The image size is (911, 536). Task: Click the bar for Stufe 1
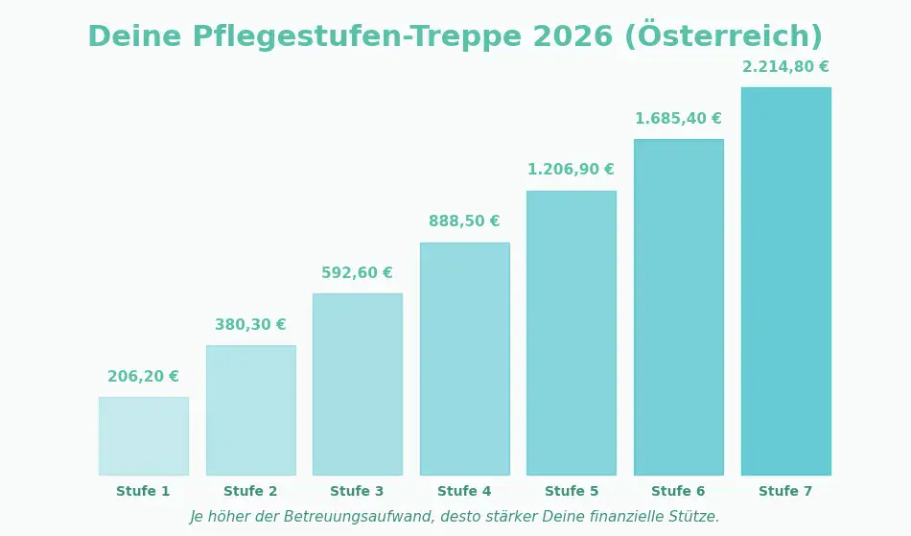point(144,436)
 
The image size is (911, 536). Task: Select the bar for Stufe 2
point(251,410)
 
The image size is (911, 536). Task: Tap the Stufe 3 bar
point(358,385)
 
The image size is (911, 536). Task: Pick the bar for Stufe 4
point(465,359)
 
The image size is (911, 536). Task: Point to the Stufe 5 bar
point(572,333)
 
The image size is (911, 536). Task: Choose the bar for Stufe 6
point(679,307)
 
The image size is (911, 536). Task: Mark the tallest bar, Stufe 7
point(786,281)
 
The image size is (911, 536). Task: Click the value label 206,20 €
point(144,377)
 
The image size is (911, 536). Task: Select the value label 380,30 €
point(250,325)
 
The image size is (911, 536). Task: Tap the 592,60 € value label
point(358,273)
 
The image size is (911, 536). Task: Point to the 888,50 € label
point(465,221)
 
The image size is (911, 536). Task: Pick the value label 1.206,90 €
point(572,170)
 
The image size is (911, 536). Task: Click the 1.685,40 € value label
point(679,119)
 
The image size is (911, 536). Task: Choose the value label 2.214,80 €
point(786,67)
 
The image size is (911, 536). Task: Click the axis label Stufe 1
point(144,492)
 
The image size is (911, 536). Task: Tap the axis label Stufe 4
point(465,492)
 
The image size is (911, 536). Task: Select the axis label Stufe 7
point(786,492)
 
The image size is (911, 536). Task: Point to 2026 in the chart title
point(572,37)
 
